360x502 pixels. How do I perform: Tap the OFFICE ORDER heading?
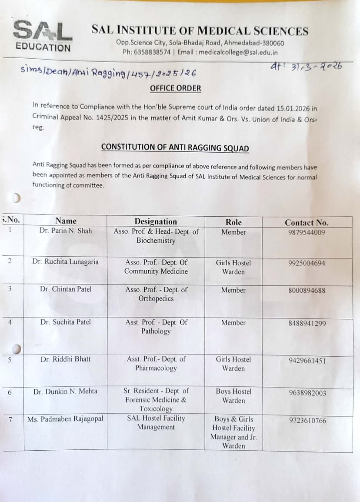point(175,88)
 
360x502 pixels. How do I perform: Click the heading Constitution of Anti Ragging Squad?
point(175,147)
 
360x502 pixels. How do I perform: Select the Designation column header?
point(156,222)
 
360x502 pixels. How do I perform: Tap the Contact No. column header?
point(307,222)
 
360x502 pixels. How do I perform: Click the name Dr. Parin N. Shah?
point(66,231)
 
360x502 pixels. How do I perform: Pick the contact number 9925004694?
point(307,263)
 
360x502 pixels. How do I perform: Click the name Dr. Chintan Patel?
point(66,289)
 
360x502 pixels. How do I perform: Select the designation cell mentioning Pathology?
point(156,327)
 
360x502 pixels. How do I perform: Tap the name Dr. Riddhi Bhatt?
point(66,359)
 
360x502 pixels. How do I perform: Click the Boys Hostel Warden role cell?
point(233,396)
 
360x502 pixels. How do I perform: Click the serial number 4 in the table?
point(10,322)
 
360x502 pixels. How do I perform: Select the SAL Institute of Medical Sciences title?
point(200,31)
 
